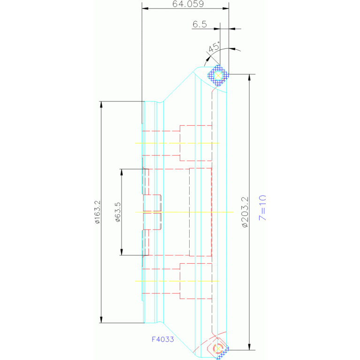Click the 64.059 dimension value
point(188,4)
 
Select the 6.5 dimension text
point(199,24)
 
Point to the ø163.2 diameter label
point(98,212)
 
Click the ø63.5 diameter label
point(118,212)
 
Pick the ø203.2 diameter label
point(245,212)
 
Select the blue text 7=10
point(262,207)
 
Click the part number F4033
point(163,339)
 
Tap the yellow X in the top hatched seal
point(218,76)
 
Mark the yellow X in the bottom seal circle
point(218,349)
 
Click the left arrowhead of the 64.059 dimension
point(145,8)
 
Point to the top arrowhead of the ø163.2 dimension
point(101,105)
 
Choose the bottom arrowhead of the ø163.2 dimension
point(101,320)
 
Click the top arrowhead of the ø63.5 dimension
point(122,172)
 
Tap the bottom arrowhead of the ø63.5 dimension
point(122,252)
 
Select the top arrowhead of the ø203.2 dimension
point(250,77)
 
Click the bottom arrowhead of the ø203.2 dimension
point(250,347)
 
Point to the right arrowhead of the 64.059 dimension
point(226,8)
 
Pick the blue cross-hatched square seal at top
point(218,76)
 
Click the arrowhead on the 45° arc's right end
point(232,49)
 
